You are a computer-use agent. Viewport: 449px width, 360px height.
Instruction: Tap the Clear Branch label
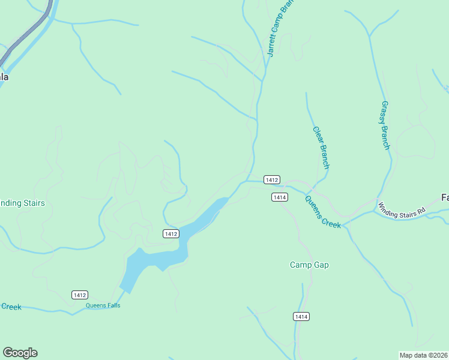(321, 147)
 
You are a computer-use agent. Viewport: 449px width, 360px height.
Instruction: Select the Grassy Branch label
(385, 125)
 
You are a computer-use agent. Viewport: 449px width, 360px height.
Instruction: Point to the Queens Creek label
(323, 212)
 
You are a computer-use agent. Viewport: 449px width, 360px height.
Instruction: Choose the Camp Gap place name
(309, 265)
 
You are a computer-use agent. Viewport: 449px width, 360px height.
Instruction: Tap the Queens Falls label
(103, 305)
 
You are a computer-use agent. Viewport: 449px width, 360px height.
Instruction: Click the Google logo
(20, 353)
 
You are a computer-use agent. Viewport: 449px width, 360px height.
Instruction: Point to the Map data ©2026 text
(424, 355)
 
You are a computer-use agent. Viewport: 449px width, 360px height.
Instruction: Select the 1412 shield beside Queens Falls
(80, 295)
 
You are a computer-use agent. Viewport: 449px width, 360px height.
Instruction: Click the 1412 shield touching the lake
(170, 233)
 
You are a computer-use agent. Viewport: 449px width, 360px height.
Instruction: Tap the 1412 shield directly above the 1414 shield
(271, 180)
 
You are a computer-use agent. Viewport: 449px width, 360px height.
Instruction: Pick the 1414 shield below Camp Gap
(301, 316)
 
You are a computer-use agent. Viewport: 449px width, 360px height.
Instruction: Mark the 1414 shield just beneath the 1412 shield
(279, 197)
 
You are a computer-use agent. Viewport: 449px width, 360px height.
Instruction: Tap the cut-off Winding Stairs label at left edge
(22, 203)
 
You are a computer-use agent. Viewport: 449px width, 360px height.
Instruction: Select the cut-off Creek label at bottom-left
(11, 307)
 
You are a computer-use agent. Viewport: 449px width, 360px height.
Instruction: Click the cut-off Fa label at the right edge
(445, 197)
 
